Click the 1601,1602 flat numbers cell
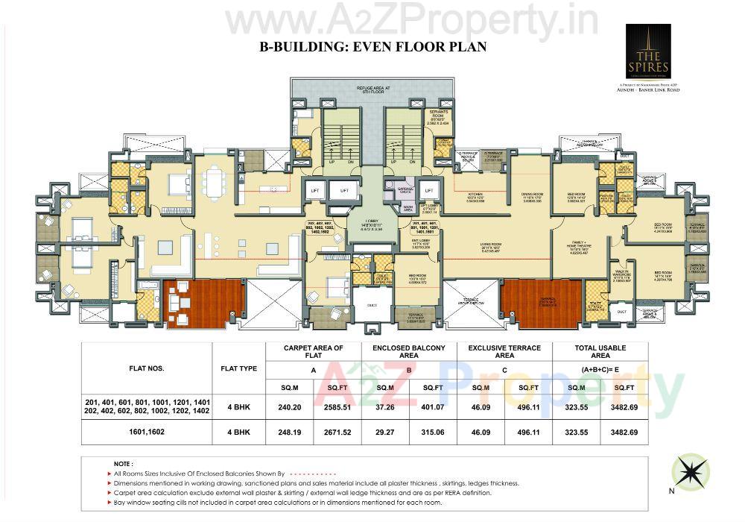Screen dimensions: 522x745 [x=147, y=433]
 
